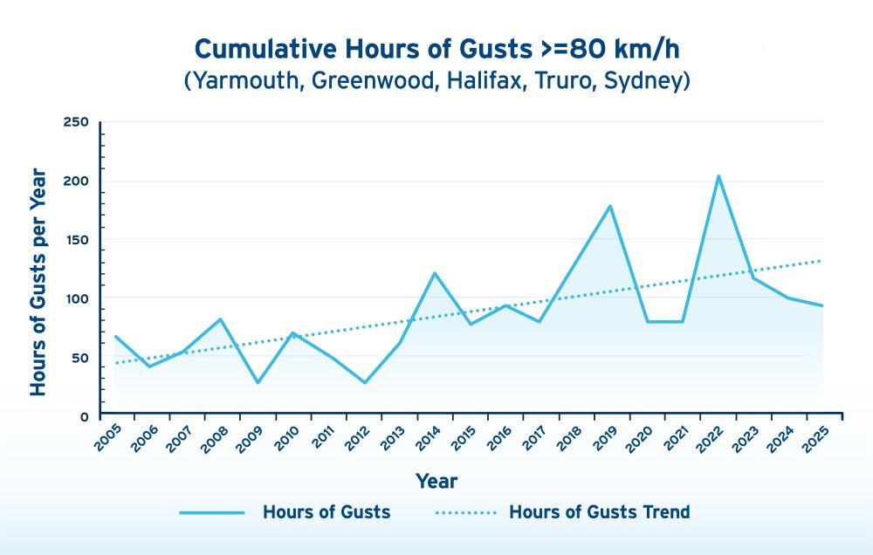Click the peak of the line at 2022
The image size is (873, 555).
718,176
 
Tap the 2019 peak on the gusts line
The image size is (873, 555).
610,206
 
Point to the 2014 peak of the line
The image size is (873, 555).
434,273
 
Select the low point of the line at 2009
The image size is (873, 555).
258,382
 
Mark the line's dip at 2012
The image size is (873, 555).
364,382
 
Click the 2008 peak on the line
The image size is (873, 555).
222,319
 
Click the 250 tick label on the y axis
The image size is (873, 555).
77,122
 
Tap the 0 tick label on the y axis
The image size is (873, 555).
85,417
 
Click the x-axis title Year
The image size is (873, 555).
436,481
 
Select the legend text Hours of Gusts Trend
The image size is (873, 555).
599,512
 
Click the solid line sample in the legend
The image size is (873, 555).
211,512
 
